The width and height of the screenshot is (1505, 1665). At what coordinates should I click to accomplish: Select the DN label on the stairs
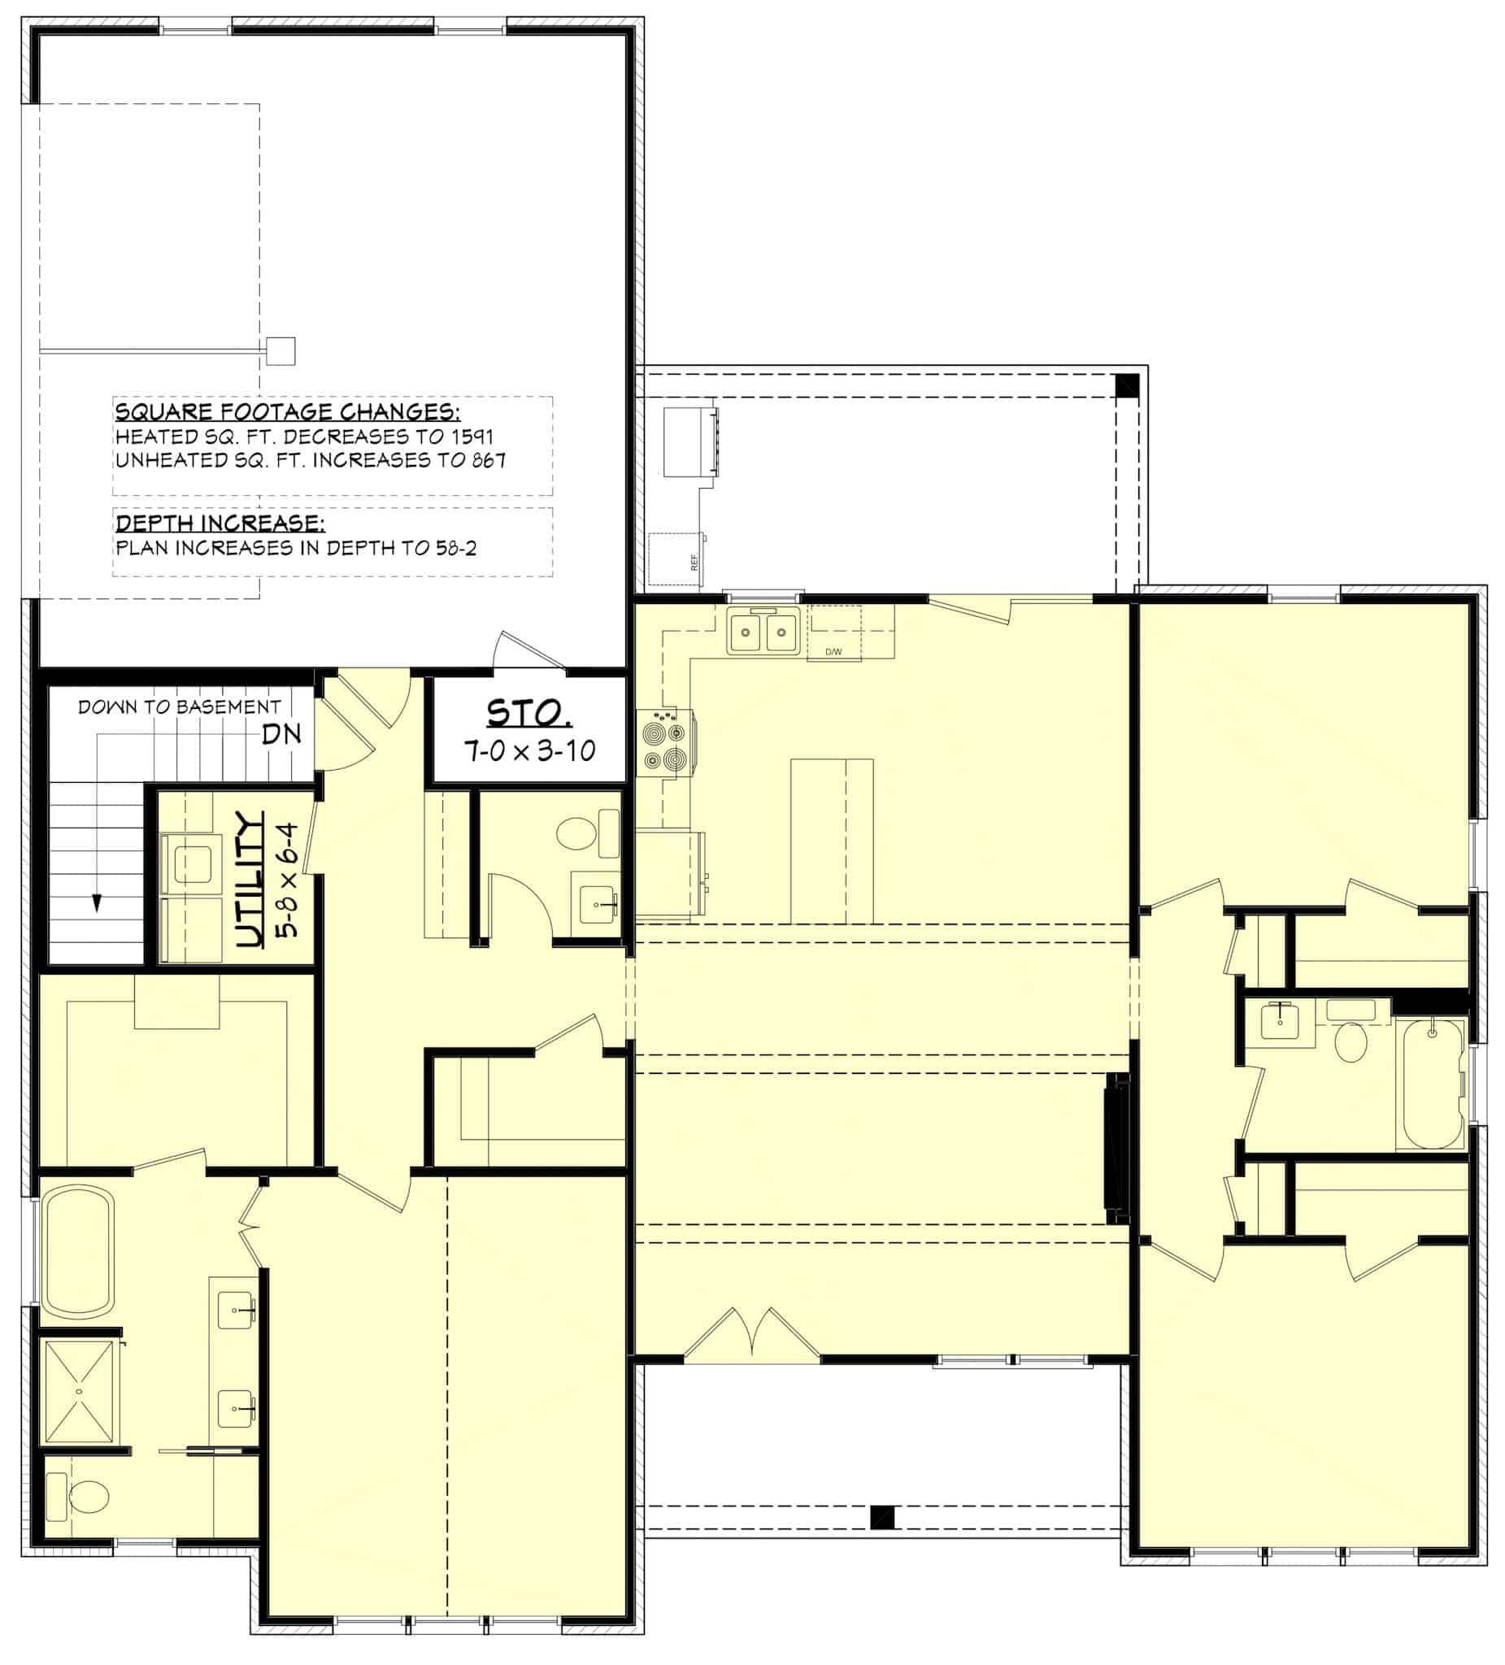[x=281, y=733]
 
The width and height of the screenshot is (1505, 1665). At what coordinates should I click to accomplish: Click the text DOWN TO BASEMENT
[x=179, y=707]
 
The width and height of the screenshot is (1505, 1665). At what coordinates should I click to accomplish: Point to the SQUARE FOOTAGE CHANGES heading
[x=288, y=411]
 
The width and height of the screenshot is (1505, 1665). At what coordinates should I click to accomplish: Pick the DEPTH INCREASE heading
[x=220, y=522]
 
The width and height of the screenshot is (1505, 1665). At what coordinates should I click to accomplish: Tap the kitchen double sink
[x=762, y=633]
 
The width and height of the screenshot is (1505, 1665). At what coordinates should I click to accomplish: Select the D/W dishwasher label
[x=833, y=653]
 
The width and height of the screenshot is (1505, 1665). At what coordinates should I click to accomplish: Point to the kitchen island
[x=832, y=840]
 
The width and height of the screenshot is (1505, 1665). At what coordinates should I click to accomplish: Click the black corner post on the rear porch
[x=1127, y=385]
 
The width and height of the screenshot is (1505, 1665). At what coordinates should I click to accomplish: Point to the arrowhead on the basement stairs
[x=97, y=903]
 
